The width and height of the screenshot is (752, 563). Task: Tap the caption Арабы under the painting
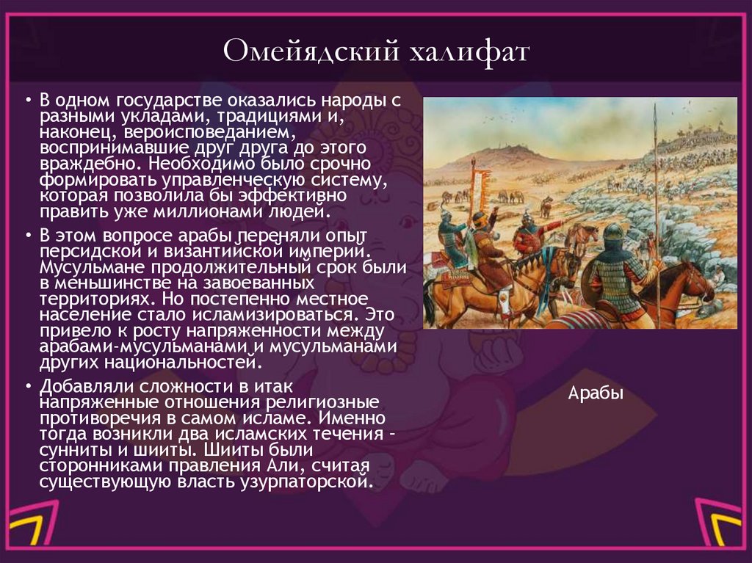(596, 393)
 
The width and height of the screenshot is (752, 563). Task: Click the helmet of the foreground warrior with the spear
(613, 233)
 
